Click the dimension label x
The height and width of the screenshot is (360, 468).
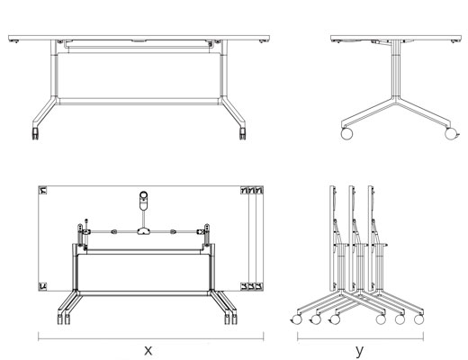click(x=148, y=350)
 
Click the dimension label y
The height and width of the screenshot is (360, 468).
click(x=359, y=351)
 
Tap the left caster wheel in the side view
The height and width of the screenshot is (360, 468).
click(x=346, y=133)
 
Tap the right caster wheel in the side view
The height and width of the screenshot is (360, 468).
click(x=450, y=133)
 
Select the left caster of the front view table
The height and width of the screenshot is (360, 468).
click(x=35, y=134)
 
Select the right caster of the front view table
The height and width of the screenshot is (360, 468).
click(x=242, y=134)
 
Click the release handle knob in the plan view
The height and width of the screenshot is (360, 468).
click(x=143, y=201)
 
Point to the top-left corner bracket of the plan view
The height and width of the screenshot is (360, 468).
click(x=42, y=190)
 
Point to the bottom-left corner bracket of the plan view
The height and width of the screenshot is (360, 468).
click(x=42, y=286)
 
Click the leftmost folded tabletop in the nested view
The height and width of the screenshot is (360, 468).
click(x=332, y=238)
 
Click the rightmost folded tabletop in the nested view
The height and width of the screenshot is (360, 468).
click(x=371, y=238)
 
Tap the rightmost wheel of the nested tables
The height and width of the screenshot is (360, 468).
click(x=418, y=319)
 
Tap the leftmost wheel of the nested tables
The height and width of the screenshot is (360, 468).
click(x=296, y=319)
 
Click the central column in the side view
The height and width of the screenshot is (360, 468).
click(x=396, y=69)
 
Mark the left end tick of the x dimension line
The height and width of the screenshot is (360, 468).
click(x=39, y=336)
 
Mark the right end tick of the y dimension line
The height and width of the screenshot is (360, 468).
click(x=423, y=336)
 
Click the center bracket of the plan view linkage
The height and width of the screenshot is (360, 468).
click(x=144, y=231)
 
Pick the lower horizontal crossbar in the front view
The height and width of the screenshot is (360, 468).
click(x=139, y=102)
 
